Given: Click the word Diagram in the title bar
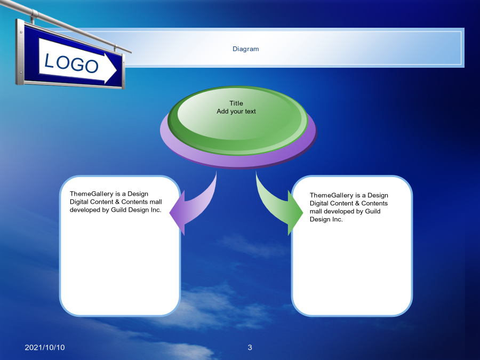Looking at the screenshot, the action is coord(245,49).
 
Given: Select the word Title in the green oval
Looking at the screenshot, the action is coord(236,103).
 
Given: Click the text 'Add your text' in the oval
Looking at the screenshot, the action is coord(236,111).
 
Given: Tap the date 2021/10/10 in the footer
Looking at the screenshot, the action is coord(45,347).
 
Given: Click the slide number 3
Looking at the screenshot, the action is coord(250,347).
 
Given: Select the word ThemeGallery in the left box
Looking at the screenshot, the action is coord(92,194).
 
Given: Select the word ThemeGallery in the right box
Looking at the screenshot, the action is coord(332,195).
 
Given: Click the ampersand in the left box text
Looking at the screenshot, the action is coord(117,202).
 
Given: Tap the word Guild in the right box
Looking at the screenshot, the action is coord(373,211).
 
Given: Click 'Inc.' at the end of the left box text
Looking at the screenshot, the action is coord(156,210).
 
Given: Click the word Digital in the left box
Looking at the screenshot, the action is coord(79,202).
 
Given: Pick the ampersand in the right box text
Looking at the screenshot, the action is coord(357,203).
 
